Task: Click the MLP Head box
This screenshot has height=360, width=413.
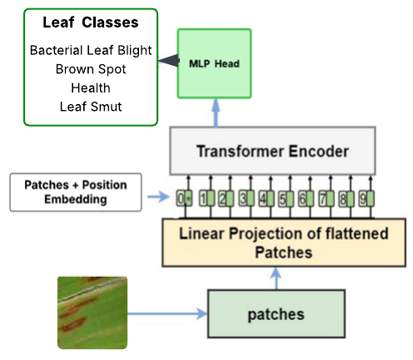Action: [x=214, y=63]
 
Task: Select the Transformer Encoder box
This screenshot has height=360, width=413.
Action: [x=272, y=151]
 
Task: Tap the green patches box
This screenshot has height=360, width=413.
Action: [x=276, y=314]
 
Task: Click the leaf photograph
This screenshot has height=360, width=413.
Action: [x=92, y=312]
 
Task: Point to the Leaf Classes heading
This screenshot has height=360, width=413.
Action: [x=91, y=22]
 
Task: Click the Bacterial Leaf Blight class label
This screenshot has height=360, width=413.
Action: [x=91, y=50]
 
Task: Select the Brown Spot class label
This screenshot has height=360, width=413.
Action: [x=91, y=69]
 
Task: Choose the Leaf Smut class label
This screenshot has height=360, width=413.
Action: [x=91, y=107]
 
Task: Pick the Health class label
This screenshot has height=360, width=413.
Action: [x=91, y=88]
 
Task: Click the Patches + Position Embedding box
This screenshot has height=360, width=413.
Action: [x=76, y=192]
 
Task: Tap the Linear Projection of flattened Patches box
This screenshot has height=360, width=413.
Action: [x=284, y=242]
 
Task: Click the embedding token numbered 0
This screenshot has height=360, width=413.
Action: [x=184, y=198]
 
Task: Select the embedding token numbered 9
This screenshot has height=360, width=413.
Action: [x=366, y=198]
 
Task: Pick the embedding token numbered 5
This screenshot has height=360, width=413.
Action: [x=286, y=198]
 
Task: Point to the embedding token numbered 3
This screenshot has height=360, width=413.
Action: [x=246, y=198]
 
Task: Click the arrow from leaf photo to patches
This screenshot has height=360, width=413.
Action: [x=167, y=314]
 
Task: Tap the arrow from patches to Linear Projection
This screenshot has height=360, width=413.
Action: [x=276, y=278]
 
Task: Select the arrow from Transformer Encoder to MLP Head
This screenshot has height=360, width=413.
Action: [x=216, y=112]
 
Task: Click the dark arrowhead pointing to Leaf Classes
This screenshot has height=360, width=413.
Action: [x=169, y=60]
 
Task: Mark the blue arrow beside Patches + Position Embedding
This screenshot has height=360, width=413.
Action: [x=158, y=197]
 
